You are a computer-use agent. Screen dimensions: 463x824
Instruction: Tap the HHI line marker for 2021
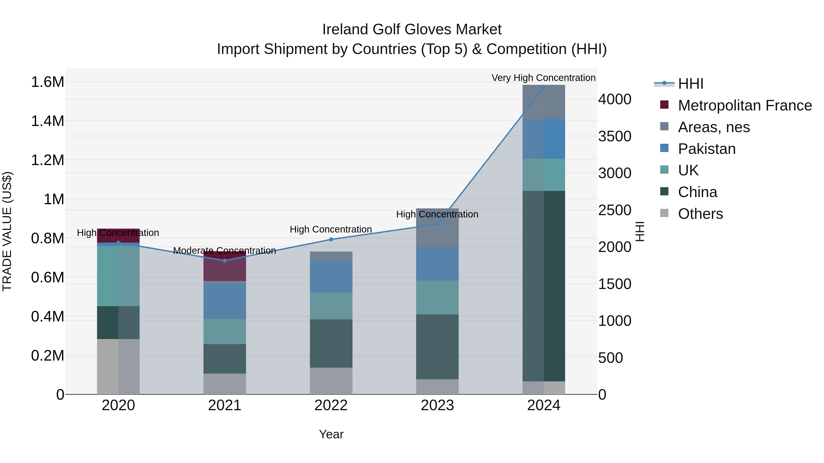pyautogui.click(x=225, y=261)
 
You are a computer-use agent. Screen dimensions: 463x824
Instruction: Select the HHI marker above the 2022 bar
pyautogui.click(x=331, y=239)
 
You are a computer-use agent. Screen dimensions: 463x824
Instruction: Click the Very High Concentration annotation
pyautogui.click(x=543, y=78)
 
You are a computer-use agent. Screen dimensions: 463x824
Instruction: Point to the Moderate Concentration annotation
pyautogui.click(x=224, y=251)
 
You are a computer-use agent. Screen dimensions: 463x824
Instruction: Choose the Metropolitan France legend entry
pyautogui.click(x=745, y=105)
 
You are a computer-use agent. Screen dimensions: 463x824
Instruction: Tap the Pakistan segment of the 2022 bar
pyautogui.click(x=331, y=276)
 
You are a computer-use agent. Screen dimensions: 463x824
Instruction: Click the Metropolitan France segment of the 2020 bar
pyautogui.click(x=118, y=236)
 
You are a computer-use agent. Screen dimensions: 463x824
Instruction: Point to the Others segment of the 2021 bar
pyautogui.click(x=225, y=384)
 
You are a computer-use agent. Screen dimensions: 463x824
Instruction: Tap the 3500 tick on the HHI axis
pyautogui.click(x=615, y=136)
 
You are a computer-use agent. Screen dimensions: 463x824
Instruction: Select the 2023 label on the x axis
pyautogui.click(x=437, y=405)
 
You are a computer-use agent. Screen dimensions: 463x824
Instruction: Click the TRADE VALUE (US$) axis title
pyautogui.click(x=7, y=231)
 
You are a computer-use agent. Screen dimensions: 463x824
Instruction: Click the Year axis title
pyautogui.click(x=331, y=434)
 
